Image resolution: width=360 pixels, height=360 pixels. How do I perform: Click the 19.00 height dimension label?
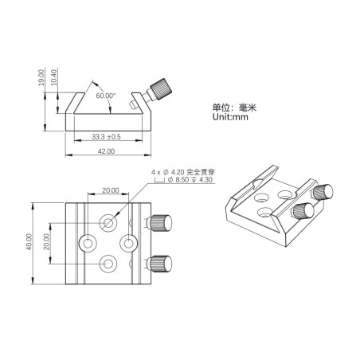[41, 77]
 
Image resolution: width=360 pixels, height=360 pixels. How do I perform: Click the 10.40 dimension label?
[53, 77]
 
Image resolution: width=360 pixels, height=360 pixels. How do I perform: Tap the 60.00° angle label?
[106, 96]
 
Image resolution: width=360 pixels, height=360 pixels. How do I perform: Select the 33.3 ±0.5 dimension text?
[106, 137]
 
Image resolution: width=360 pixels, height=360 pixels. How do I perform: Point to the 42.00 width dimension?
[106, 151]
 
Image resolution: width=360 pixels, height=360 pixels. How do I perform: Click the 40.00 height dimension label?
[29, 241]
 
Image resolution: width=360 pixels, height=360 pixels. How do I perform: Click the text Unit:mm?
[230, 117]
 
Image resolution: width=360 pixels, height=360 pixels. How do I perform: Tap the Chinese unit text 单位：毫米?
[234, 108]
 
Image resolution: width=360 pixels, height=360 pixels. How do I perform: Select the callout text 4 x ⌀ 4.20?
[168, 172]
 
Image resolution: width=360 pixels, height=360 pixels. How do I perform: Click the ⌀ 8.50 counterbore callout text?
[178, 180]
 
